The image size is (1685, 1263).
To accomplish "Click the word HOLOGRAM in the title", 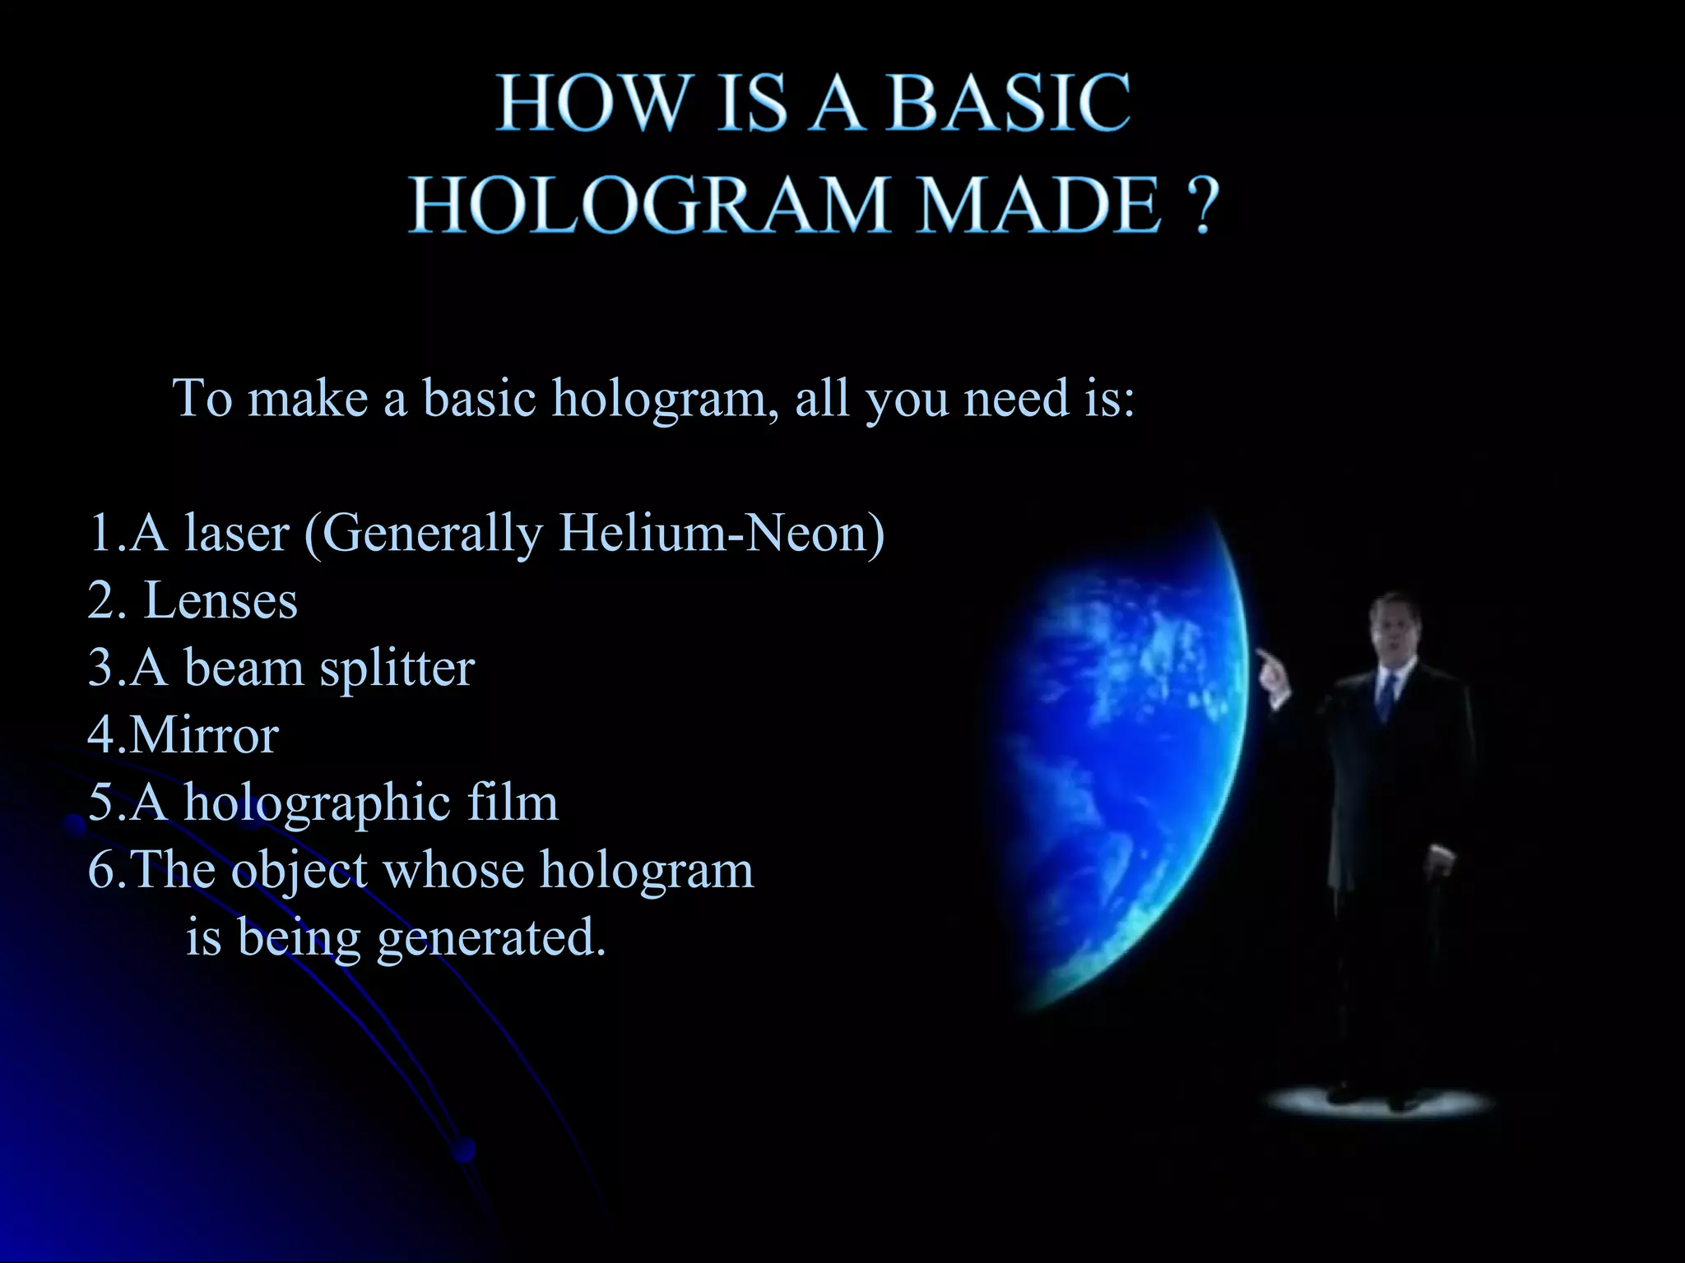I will pos(649,206).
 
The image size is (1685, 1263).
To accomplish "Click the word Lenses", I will pos(220,600).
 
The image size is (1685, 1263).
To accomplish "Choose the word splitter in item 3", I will pos(397,668).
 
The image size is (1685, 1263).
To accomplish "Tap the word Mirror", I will pos(203,734).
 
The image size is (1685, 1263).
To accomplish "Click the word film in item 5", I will pos(513,802).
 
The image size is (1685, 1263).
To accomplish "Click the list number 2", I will pos(103,600).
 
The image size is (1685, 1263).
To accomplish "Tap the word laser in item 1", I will pos(237,533).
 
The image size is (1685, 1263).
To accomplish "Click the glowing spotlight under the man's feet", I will pos(1378,1102).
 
